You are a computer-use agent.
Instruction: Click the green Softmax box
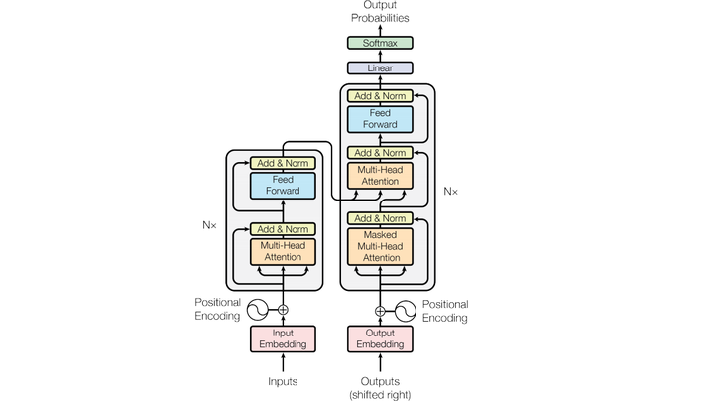380,43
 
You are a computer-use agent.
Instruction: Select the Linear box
380,67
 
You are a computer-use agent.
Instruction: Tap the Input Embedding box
283,338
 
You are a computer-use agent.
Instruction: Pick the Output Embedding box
380,338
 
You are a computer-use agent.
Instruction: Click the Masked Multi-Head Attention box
380,246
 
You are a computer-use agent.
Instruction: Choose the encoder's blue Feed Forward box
283,185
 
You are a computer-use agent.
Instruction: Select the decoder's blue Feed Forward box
380,119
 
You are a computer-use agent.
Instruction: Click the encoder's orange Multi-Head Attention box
283,251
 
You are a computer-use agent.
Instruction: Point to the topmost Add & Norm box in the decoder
380,95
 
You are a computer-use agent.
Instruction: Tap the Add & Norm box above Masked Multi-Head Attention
380,218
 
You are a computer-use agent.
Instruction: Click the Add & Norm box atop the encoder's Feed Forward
283,163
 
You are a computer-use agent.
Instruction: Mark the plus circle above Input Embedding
283,310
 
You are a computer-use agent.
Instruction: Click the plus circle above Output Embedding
380,312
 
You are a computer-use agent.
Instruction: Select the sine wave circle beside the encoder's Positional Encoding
258,310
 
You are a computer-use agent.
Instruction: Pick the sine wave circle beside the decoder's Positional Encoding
406,312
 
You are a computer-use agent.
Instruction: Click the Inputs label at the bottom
283,381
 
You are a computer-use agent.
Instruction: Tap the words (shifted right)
380,395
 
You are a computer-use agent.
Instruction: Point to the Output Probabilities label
380,11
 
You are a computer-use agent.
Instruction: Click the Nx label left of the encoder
209,225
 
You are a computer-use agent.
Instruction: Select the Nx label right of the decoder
451,192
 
